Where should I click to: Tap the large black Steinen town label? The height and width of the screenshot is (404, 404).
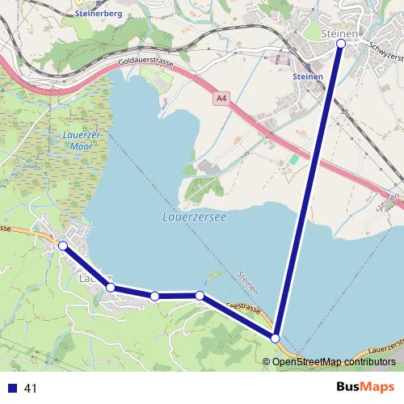tap(339, 32)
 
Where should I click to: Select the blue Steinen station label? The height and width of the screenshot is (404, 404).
tap(308, 77)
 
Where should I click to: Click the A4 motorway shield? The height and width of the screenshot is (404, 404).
tap(221, 99)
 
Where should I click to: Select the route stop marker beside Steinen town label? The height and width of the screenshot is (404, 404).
tap(340, 44)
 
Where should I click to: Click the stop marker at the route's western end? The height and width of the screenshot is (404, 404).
tap(62, 245)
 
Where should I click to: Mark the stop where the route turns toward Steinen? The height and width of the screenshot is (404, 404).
tap(276, 338)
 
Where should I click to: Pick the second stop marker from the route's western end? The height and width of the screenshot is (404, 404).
tap(111, 287)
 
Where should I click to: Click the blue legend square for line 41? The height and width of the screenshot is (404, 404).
tap(11, 389)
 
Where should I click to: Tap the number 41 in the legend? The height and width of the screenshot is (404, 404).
tap(32, 389)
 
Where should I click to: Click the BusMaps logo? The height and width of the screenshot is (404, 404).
tap(365, 387)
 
